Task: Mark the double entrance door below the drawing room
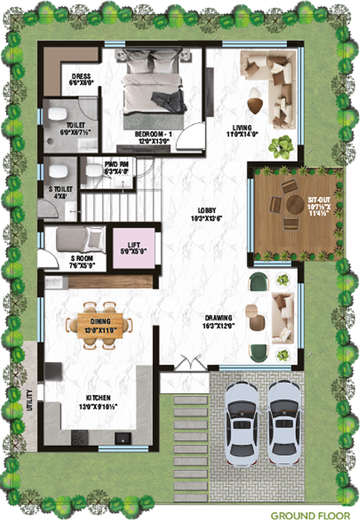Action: click(189, 364)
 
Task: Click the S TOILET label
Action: click(61, 193)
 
